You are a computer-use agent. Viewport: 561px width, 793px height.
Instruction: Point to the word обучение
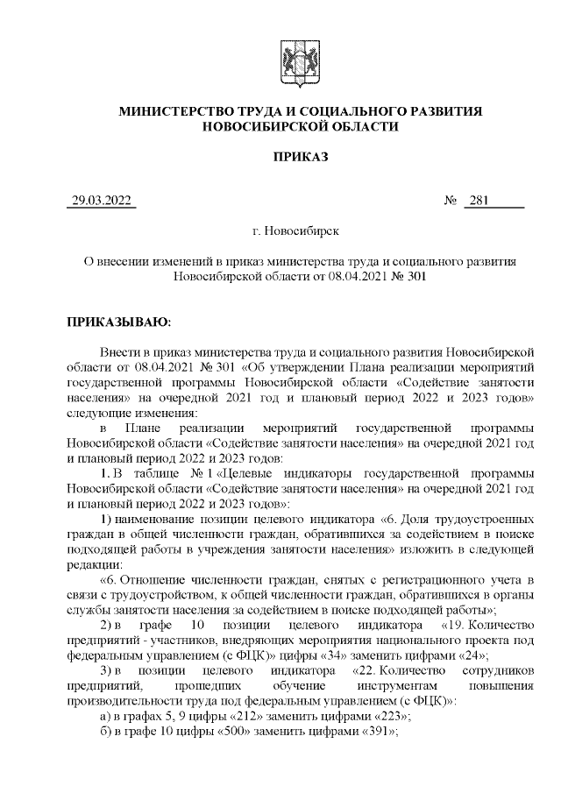pyautogui.click(x=297, y=686)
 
